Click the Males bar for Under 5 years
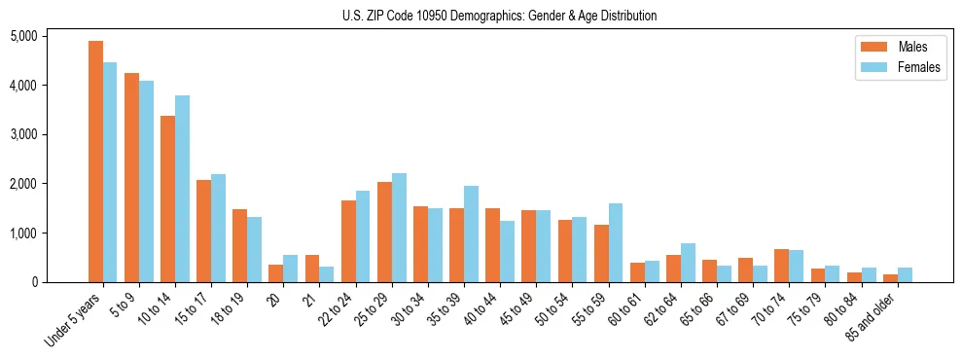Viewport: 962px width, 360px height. click(x=95, y=162)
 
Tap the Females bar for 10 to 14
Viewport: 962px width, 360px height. click(x=182, y=189)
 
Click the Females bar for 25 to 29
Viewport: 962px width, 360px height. click(x=399, y=228)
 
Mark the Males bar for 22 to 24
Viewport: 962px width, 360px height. click(x=348, y=241)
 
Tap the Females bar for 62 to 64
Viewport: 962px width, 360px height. click(x=688, y=263)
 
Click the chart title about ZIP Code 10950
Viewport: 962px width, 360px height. click(x=499, y=16)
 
